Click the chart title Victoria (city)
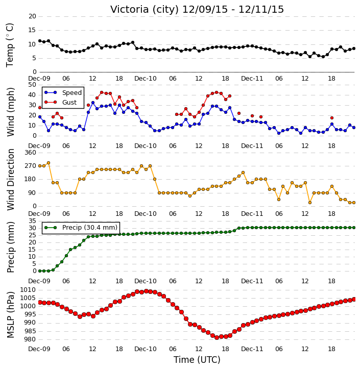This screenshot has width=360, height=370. point(145,10)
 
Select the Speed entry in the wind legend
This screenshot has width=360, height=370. point(72,92)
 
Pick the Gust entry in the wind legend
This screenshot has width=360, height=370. point(69,102)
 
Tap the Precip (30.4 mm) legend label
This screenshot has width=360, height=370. point(90,227)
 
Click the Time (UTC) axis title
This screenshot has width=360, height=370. point(197,360)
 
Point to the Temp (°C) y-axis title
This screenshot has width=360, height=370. point(10,45)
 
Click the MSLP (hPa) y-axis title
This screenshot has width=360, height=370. point(11,314)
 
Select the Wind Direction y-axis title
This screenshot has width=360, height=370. point(11,179)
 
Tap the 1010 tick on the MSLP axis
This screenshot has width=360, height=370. point(28,290)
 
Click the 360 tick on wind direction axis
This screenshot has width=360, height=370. point(31,153)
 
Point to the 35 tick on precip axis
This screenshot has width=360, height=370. point(32,221)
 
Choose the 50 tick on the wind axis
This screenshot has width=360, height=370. point(32,85)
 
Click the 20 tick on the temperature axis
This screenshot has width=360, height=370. point(32,16)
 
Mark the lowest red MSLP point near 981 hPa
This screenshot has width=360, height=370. point(217,338)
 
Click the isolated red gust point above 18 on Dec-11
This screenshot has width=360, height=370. point(332,118)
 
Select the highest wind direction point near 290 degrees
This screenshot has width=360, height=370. point(49,163)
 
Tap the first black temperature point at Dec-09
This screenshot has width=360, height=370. point(40,41)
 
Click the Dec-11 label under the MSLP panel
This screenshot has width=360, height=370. point(252,349)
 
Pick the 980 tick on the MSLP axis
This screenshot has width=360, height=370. point(30,339)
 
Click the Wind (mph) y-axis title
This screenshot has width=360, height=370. point(11,112)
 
